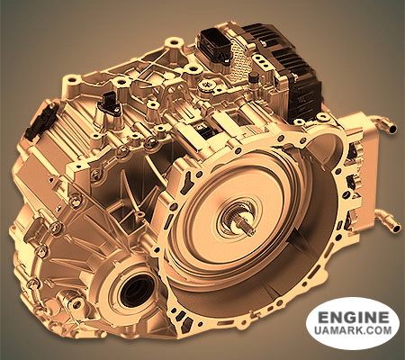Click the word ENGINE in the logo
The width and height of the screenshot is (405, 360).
tap(354, 318)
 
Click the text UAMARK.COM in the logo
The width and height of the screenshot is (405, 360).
tap(354, 330)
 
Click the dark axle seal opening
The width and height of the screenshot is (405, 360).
tap(137, 290)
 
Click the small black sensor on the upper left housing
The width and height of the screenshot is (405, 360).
tap(109, 103)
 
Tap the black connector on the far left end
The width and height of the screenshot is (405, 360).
tap(40, 121)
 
